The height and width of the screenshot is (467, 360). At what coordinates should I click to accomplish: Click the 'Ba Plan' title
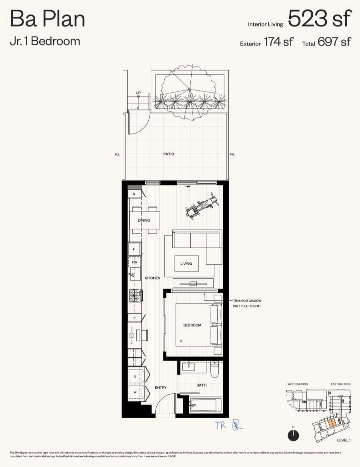tap(47, 19)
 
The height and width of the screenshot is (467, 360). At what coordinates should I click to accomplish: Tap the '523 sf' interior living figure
tap(320, 18)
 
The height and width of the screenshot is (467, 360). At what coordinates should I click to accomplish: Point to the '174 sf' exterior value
tap(278, 42)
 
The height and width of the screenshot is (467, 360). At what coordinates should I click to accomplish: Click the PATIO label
tap(168, 154)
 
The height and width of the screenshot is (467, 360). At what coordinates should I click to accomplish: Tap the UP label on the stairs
tap(138, 93)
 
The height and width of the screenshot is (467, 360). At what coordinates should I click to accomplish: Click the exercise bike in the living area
tap(202, 206)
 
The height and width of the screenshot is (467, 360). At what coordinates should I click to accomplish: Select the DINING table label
tap(144, 220)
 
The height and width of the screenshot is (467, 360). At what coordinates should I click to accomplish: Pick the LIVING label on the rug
tap(186, 263)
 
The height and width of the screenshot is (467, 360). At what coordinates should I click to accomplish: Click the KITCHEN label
tap(152, 278)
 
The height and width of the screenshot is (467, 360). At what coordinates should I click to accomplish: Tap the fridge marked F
tap(134, 249)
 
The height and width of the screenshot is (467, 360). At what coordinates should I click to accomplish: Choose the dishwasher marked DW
tap(135, 262)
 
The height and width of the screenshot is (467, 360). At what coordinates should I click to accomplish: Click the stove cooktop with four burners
tap(135, 296)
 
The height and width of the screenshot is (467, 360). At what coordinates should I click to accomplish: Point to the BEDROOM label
tap(192, 325)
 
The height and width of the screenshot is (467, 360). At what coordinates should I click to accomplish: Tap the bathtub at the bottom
tap(206, 405)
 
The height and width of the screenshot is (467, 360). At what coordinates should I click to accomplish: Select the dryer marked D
tap(135, 376)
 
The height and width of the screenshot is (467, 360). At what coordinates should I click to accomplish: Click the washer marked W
tap(135, 392)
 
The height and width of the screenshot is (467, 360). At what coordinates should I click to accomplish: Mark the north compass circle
tap(293, 435)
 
